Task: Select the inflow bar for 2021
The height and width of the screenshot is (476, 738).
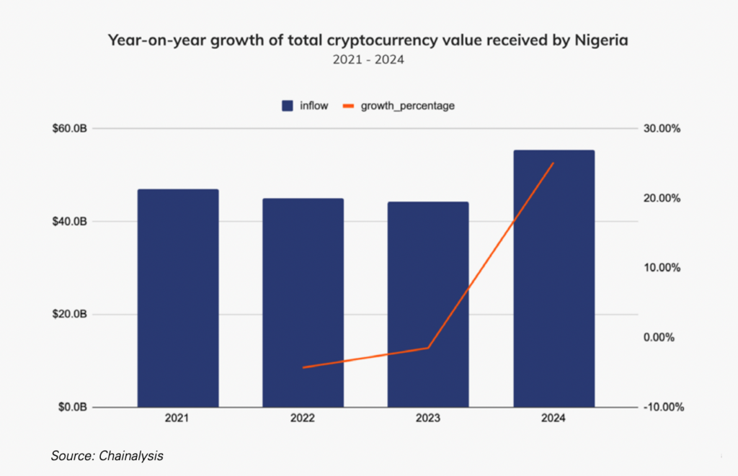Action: click(178, 298)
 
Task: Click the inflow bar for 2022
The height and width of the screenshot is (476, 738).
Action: click(303, 302)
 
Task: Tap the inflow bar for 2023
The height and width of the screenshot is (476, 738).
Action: click(428, 304)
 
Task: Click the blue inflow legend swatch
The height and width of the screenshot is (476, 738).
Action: click(287, 106)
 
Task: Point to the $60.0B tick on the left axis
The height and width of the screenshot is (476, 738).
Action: click(71, 129)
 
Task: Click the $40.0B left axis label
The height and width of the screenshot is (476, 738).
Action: click(71, 221)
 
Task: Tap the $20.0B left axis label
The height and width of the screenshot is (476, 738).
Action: click(71, 315)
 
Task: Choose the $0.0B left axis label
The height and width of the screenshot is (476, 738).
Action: click(73, 407)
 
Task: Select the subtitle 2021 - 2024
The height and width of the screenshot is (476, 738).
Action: click(368, 60)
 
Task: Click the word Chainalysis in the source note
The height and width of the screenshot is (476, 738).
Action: click(137, 456)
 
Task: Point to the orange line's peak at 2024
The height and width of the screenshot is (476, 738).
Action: click(553, 163)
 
